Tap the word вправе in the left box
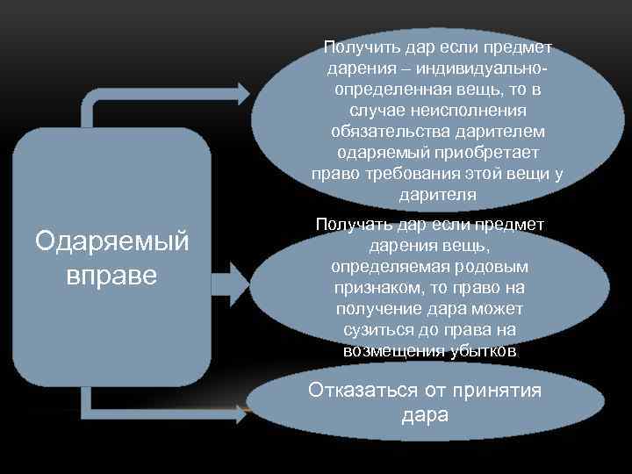[111, 275]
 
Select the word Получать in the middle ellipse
[352, 226]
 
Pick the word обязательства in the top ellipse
[384, 131]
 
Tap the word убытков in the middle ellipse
[474, 351]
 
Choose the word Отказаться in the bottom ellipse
[362, 391]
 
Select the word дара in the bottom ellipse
[424, 414]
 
